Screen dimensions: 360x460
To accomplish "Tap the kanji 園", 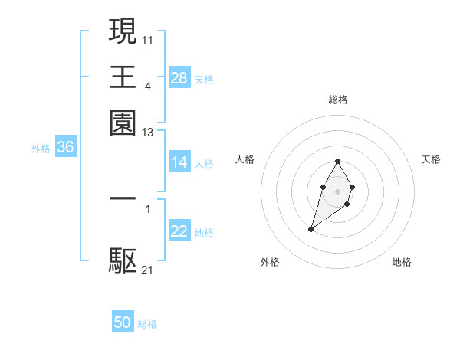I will pos(123,123).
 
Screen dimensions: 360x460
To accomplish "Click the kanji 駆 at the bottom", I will pos(123,261).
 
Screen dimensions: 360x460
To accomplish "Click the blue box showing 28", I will pos(179,78).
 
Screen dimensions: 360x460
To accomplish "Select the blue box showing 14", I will pos(179,162).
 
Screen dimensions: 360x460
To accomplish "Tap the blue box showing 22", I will pos(179,231).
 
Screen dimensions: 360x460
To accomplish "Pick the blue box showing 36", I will pos(65,149).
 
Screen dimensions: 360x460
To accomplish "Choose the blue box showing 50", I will pos(123,323).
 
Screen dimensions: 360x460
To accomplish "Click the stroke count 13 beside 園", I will pos(148,133).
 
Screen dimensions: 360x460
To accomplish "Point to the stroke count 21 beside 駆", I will pos(148,270).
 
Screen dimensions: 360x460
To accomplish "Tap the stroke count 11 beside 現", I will pos(148,38).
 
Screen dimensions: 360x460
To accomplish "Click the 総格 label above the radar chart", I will pos(337,100).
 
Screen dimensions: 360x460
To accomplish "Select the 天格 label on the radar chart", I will pos(432,159).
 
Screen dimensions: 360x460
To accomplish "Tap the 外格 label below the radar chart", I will pos(270,262).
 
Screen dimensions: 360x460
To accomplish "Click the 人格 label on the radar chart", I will pos(245,159).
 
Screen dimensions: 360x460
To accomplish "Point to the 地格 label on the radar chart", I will pos(402,262).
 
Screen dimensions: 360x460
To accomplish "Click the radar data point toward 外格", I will pos(310,229).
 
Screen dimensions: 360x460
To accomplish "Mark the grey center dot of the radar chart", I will pos(337,190).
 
